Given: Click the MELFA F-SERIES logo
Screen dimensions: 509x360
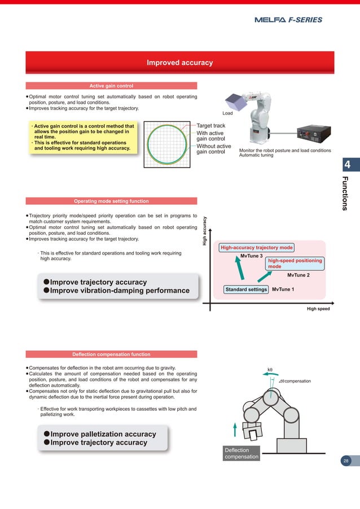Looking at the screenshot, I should click(288, 20).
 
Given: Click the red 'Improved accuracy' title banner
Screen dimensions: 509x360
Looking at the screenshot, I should click(179, 63).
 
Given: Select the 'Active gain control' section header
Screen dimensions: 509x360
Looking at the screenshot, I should click(111, 86).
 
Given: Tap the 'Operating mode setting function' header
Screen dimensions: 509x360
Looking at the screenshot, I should click(111, 201).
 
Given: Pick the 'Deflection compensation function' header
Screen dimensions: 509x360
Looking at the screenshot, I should click(111, 354).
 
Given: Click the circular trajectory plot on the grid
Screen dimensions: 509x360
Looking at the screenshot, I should click(168, 143).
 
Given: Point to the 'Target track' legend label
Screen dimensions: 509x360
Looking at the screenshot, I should click(210, 126).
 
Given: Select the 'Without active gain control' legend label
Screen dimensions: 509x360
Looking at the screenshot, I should click(213, 149).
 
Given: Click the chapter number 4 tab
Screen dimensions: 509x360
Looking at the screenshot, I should click(348, 165).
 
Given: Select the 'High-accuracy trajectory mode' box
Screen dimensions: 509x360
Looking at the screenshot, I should click(256, 247).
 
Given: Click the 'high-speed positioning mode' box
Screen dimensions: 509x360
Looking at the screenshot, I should click(295, 264).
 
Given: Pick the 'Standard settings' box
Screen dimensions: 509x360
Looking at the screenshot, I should click(246, 289).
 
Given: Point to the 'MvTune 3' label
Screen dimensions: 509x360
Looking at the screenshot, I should click(251, 256).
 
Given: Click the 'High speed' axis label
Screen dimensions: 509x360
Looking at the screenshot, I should click(318, 309).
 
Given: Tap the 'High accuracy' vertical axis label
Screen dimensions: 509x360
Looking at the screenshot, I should click(206, 228).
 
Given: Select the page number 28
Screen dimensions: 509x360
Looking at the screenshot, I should click(346, 461).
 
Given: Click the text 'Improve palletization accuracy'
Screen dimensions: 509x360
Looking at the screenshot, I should click(103, 434).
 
